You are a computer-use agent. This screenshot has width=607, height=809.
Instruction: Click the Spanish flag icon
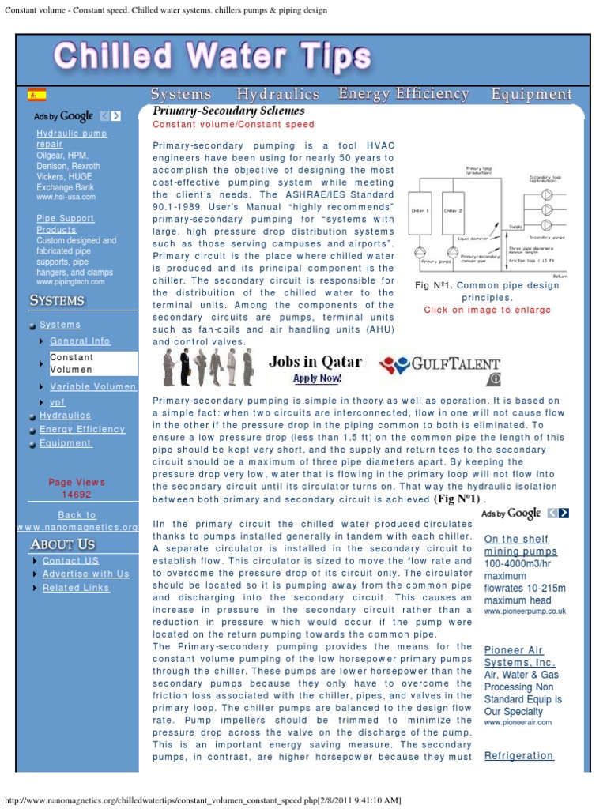(x=36, y=95)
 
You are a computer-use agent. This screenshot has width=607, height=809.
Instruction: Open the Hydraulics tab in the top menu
(x=277, y=94)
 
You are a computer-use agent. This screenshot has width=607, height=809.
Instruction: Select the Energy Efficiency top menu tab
(x=404, y=94)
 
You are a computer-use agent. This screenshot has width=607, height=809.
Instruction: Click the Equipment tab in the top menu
(x=531, y=94)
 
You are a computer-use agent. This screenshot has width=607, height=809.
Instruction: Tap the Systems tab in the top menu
(x=181, y=94)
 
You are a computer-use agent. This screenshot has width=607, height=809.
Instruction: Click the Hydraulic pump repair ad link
(x=71, y=139)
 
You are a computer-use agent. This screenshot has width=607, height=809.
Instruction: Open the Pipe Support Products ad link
(x=65, y=224)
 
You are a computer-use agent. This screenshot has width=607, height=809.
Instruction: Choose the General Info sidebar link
(x=80, y=341)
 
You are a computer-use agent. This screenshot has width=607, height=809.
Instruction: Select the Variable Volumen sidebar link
(x=92, y=386)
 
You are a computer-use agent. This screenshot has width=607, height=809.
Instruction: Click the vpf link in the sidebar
(x=58, y=402)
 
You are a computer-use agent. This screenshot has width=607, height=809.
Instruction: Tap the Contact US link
(x=70, y=560)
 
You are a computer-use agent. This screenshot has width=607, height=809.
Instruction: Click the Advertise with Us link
(x=85, y=574)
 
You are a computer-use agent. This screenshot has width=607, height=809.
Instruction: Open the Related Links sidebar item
(x=76, y=588)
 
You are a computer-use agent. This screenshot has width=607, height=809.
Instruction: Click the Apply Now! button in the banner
(x=317, y=378)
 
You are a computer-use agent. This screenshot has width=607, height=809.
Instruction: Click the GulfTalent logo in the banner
(x=440, y=365)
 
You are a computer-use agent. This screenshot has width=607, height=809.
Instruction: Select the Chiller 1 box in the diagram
(x=421, y=212)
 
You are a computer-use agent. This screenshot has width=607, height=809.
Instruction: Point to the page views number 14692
(x=77, y=495)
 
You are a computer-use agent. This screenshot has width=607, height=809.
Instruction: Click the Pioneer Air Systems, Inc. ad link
(x=519, y=656)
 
